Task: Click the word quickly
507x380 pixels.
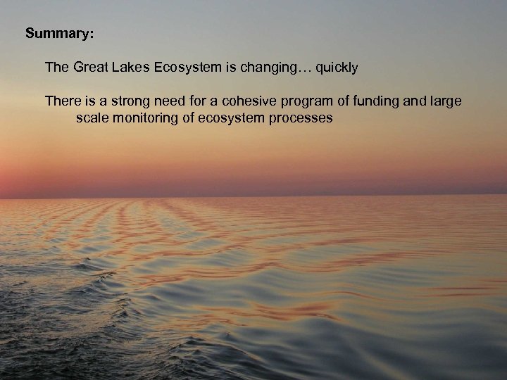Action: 337,68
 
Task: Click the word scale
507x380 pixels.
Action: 92,118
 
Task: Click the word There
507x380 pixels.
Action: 63,101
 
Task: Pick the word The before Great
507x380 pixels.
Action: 57,68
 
